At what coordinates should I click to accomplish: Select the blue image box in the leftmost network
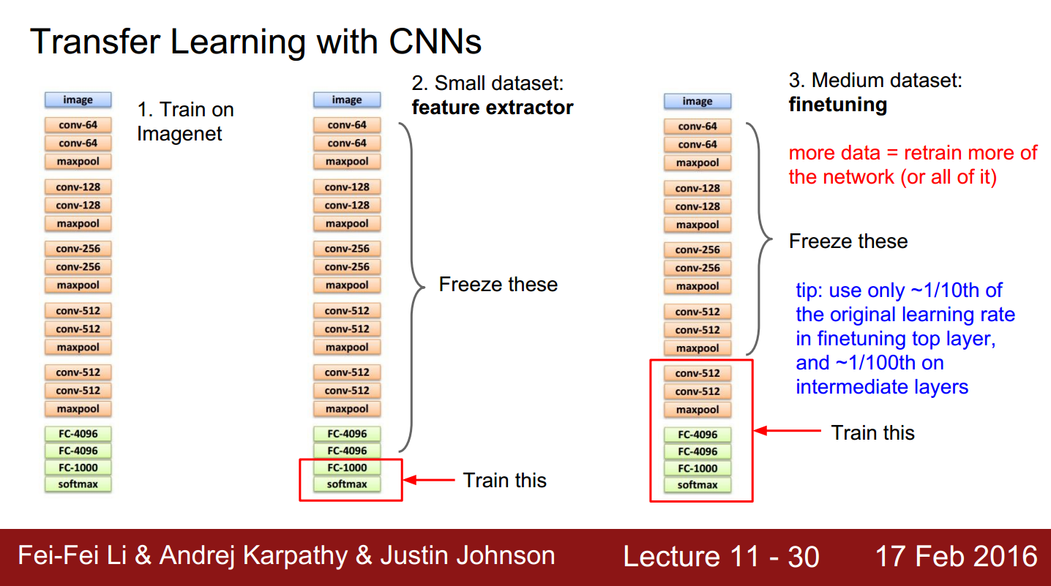tap(78, 100)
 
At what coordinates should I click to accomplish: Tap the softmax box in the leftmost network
tap(78, 484)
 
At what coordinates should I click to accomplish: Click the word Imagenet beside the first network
tap(179, 134)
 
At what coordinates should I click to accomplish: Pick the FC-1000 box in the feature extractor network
tap(347, 467)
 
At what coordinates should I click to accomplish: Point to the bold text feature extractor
tap(493, 108)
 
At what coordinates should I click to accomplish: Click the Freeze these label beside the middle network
tap(498, 285)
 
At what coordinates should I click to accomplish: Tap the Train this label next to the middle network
tap(505, 481)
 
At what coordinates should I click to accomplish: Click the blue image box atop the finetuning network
tap(697, 102)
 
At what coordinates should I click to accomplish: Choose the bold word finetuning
tap(837, 105)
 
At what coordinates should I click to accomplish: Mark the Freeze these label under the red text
tap(848, 241)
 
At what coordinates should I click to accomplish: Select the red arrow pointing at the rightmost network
tap(788, 432)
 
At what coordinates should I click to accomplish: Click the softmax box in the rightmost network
tap(697, 485)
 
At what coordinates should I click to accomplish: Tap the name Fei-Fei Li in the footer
tap(73, 556)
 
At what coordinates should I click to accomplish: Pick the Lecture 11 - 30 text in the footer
tap(721, 557)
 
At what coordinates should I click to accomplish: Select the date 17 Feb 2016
tap(956, 557)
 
